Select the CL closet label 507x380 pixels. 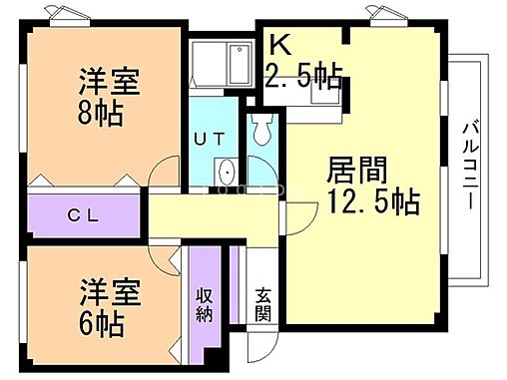coord(83,214)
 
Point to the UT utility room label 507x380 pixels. coord(213,142)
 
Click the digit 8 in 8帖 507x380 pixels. coord(84,113)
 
